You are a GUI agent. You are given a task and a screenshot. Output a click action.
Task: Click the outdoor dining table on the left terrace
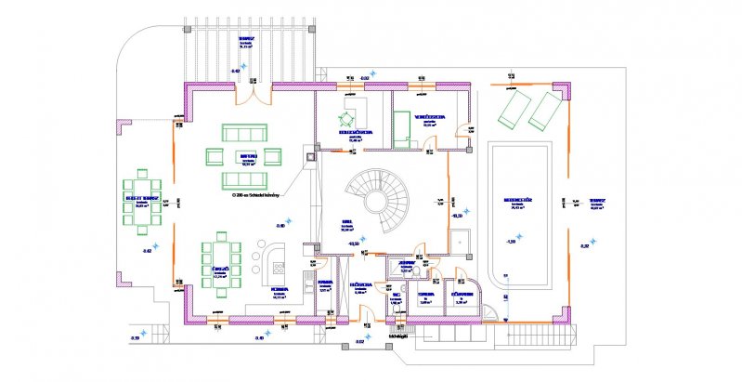click(142, 203)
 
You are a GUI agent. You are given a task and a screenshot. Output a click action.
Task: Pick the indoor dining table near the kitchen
click(223, 261)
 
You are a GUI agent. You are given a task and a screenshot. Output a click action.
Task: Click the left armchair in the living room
click(212, 155)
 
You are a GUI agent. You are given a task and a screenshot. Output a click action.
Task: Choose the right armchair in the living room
click(276, 155)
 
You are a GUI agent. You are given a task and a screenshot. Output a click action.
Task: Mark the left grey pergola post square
click(192, 28)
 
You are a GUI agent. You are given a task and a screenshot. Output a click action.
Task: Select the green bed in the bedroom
click(402, 126)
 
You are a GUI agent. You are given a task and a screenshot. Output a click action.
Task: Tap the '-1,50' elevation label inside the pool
click(510, 241)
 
